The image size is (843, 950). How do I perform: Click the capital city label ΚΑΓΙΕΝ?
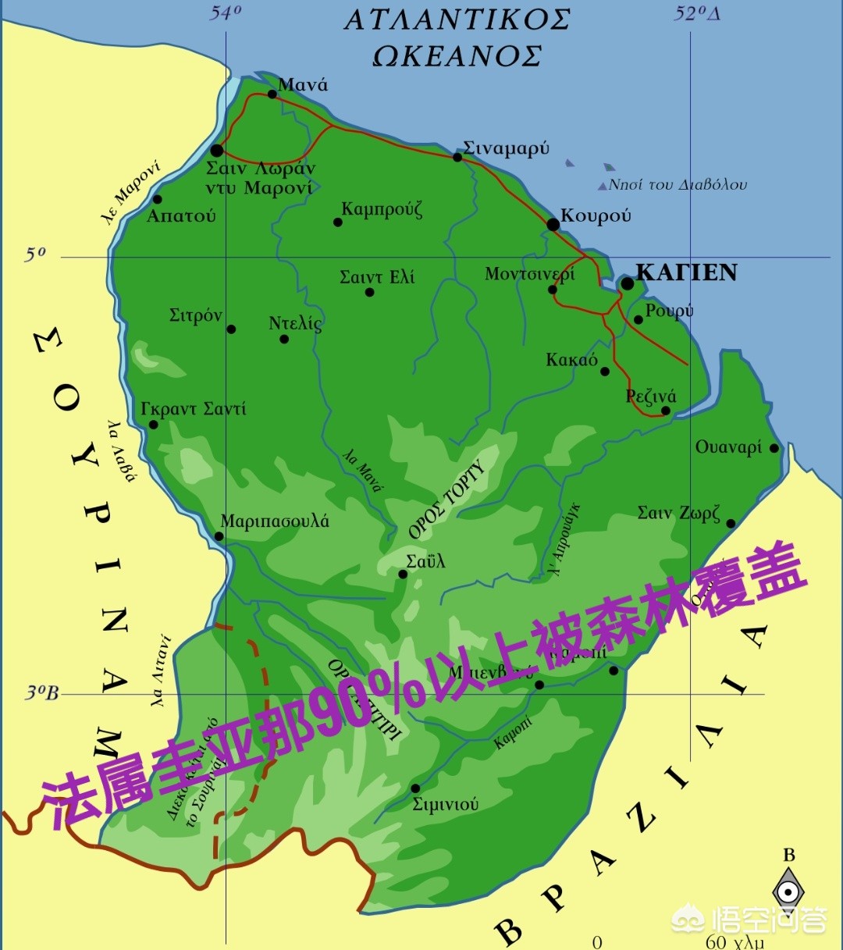coord(686,272)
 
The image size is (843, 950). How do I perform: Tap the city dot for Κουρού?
coord(553,225)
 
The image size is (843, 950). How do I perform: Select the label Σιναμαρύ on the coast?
coord(506,148)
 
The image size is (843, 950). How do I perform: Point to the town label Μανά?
coord(303,85)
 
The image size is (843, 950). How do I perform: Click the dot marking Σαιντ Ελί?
coord(369,293)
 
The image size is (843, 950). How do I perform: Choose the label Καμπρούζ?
coord(382,209)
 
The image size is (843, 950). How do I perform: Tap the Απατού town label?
coord(181,216)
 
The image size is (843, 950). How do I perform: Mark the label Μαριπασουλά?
coord(275,521)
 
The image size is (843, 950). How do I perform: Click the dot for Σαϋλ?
coord(403,575)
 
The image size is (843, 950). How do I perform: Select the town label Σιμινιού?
coord(445,804)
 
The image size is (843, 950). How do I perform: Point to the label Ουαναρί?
coord(728,447)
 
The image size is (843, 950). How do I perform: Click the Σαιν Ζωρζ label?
coord(678,513)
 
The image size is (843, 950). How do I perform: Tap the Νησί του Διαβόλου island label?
coord(677,185)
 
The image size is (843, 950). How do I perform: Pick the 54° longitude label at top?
coord(226,12)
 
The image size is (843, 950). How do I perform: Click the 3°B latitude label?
coord(41,693)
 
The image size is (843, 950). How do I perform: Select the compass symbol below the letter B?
coord(788,891)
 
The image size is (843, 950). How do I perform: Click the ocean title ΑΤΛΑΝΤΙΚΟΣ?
coord(457,20)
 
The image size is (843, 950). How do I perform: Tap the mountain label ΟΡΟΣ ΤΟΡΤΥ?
coord(446,500)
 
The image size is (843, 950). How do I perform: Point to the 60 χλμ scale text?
coord(734,941)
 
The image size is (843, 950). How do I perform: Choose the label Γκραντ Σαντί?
coord(193,409)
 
